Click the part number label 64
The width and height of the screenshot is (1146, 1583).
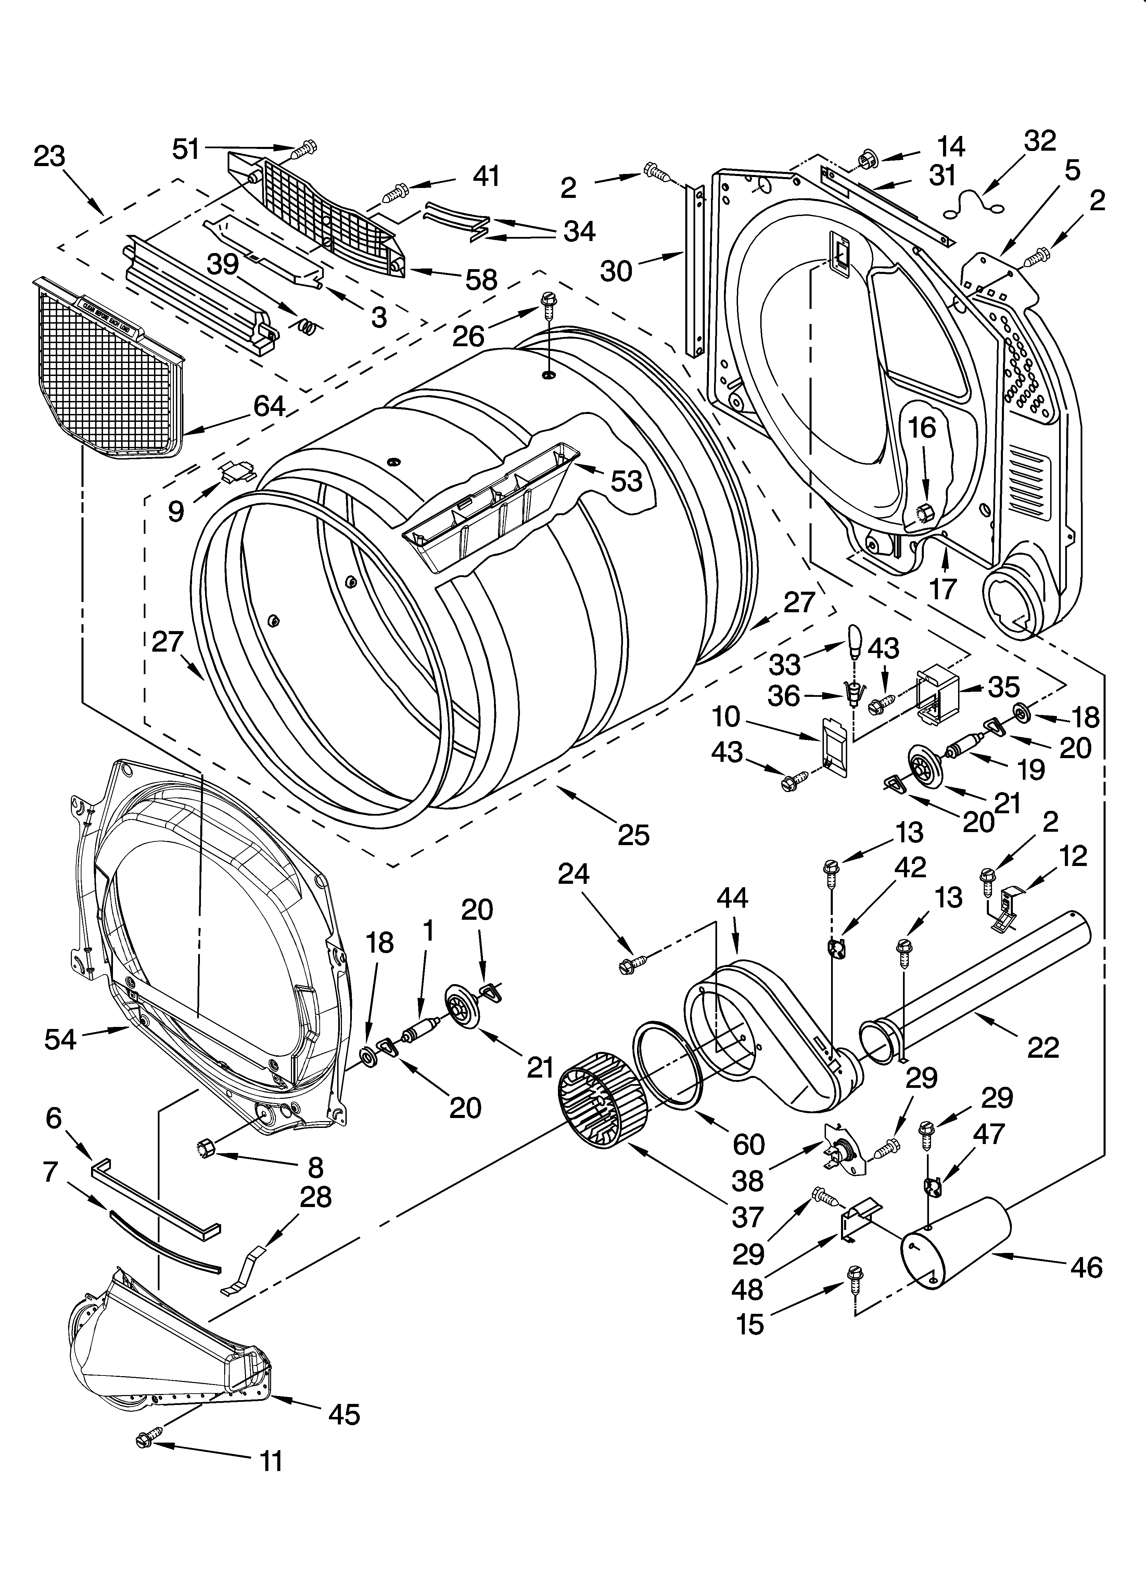coord(269,405)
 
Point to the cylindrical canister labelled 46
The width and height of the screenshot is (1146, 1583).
coord(955,1241)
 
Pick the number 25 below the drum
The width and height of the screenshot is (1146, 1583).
coord(633,834)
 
